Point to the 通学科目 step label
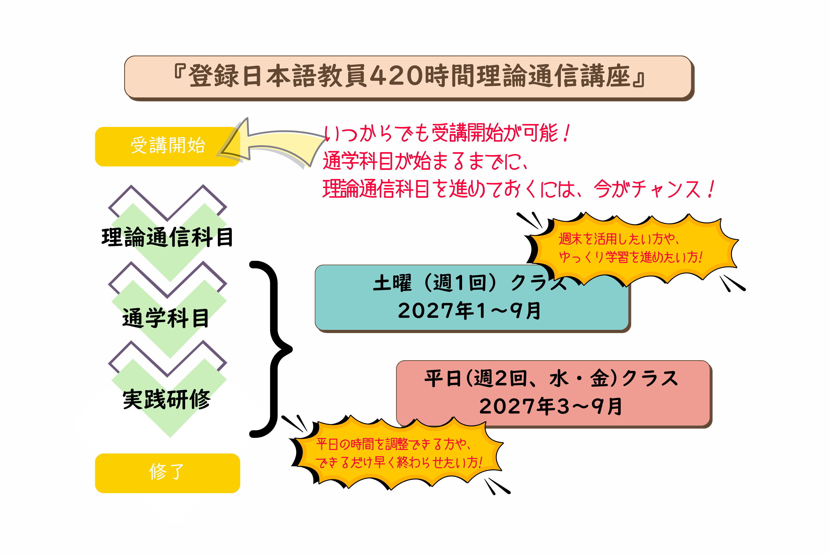(x=166, y=318)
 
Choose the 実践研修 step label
(x=167, y=399)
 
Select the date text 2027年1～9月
(x=469, y=311)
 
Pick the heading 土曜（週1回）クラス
(x=469, y=283)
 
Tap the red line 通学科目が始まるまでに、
(x=426, y=161)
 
